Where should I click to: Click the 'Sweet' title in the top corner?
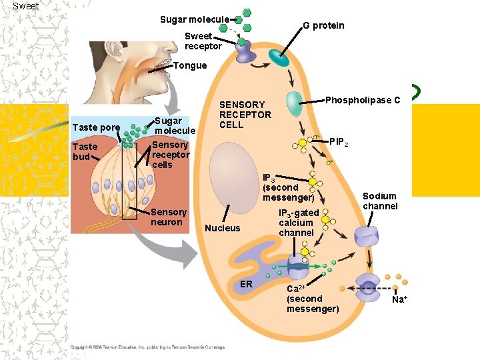[x=25, y=6]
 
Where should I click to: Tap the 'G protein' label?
[x=323, y=25]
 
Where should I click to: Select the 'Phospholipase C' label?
[x=363, y=100]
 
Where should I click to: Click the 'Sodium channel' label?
[x=380, y=201]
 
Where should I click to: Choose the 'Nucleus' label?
[x=223, y=228]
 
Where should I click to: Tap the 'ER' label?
[x=246, y=284]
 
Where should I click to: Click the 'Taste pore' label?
[x=96, y=127]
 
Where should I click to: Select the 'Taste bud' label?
[x=85, y=151]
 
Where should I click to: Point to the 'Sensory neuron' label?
[x=168, y=217]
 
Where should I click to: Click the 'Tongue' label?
[x=190, y=65]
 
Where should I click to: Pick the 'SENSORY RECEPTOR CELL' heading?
[x=245, y=115]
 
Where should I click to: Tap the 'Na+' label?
[x=399, y=299]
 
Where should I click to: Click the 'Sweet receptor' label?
[x=203, y=41]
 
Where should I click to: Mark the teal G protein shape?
[x=279, y=59]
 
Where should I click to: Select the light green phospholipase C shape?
[x=294, y=104]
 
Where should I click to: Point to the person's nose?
[x=154, y=40]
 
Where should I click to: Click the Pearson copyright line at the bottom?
[x=147, y=347]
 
